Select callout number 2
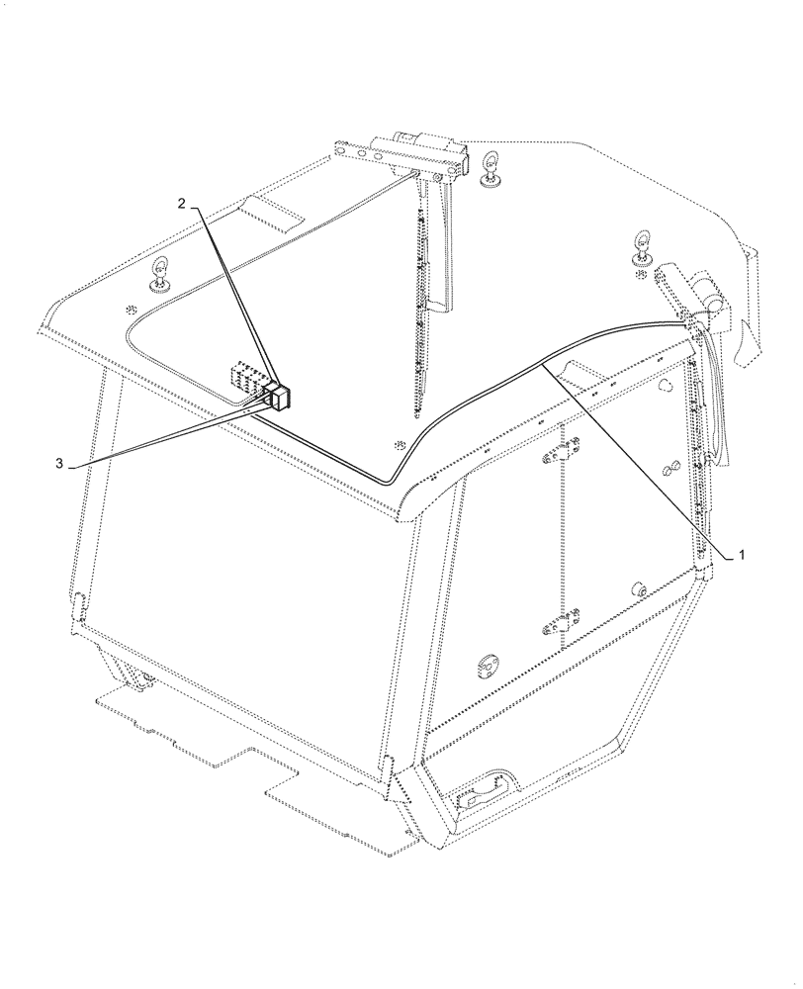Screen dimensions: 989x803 [x=181, y=203]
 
